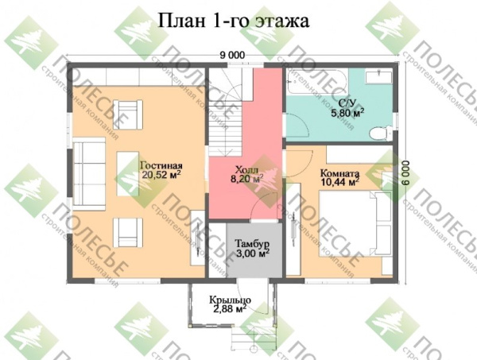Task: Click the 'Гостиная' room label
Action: point(159,164)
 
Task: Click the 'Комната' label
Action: point(340,172)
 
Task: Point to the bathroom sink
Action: point(375,78)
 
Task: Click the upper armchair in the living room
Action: point(126,112)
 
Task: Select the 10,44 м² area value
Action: point(340,182)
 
